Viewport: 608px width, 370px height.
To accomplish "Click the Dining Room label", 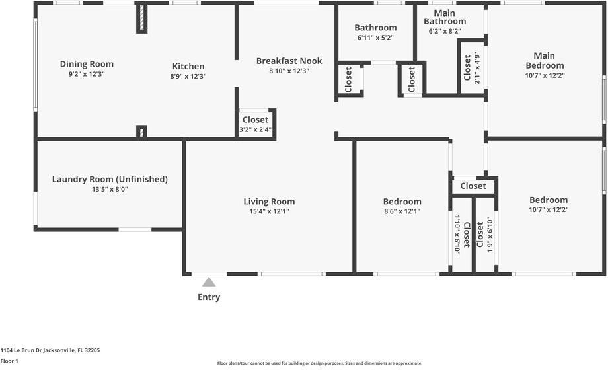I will click(87, 64).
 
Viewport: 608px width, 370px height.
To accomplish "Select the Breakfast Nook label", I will click(289, 61).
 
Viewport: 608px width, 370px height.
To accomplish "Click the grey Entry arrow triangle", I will click(209, 282).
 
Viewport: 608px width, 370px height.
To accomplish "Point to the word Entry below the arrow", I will click(209, 297).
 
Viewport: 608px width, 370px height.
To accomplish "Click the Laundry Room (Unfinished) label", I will click(110, 179).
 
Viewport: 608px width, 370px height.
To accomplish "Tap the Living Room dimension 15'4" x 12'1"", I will click(269, 211).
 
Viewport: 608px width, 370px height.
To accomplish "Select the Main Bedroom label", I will click(545, 61).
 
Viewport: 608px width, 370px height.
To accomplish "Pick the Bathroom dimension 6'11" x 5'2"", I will click(375, 38).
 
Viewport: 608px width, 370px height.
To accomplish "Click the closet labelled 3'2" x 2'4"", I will click(255, 124).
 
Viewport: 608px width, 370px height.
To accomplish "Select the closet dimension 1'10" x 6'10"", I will click(457, 235).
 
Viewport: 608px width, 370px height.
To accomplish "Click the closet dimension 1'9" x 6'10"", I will click(490, 235).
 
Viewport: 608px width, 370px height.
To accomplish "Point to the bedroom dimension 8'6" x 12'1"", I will click(402, 211).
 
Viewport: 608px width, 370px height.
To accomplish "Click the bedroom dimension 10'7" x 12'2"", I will click(548, 209).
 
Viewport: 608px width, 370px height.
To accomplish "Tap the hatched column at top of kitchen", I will click(141, 19).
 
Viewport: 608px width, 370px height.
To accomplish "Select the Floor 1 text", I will click(9, 361).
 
